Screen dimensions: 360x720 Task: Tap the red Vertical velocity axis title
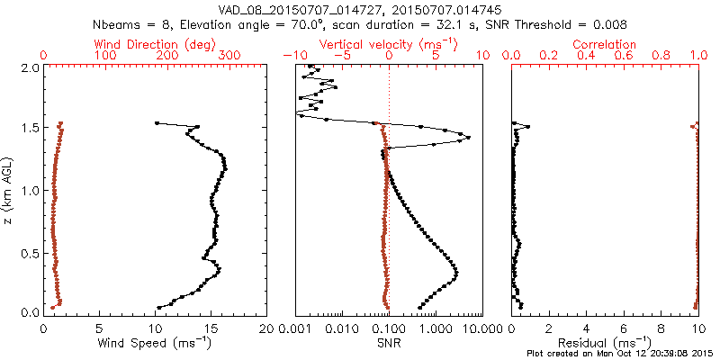389,44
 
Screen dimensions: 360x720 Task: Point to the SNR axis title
388,343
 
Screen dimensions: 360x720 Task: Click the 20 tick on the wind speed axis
266,328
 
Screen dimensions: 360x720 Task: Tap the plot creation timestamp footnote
621,354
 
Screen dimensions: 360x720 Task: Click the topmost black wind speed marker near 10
157,123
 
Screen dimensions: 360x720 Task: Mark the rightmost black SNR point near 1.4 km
468,138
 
